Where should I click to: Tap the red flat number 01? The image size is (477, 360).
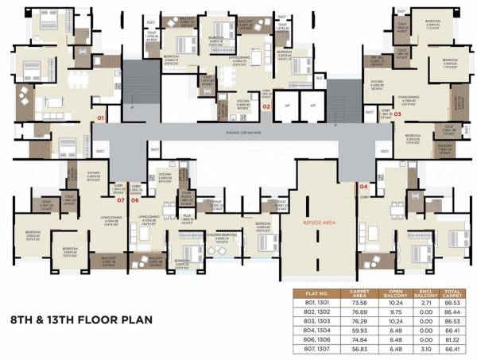(101, 118)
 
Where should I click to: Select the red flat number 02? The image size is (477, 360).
(267, 105)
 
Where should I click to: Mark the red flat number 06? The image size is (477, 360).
(135, 199)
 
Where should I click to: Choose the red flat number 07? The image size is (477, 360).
(121, 199)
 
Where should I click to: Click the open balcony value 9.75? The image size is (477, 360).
(397, 313)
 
